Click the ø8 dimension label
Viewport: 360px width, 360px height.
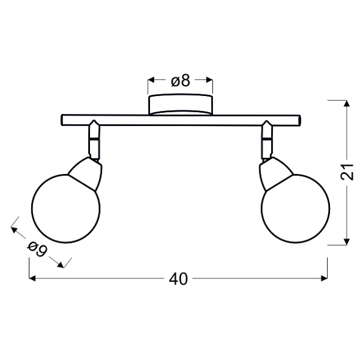[180, 81]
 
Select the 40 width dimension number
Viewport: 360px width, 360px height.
[179, 279]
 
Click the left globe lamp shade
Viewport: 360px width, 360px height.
[65, 208]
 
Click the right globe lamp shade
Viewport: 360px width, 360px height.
[295, 208]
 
